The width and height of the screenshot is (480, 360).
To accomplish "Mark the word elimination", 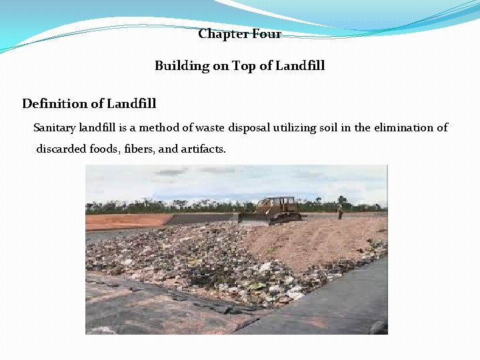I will pyautogui.click(x=407, y=127).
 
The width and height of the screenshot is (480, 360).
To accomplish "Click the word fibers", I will pyautogui.click(x=139, y=149).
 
